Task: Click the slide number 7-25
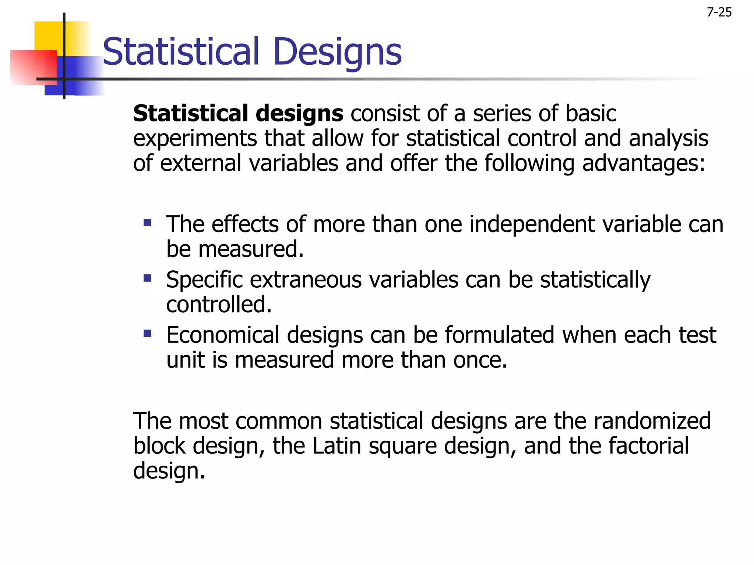[719, 13]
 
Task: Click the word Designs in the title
[337, 52]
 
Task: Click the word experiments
[195, 139]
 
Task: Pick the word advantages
[644, 163]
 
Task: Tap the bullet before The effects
[148, 223]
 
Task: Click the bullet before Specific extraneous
[148, 278]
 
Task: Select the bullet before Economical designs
[148, 334]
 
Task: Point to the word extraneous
[306, 280]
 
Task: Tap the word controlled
[219, 305]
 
